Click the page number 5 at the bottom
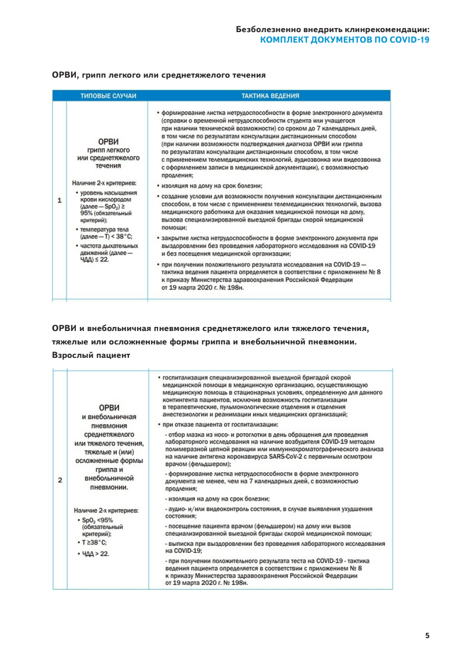(x=428, y=635)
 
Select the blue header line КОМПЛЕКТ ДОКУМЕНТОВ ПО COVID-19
(x=344, y=40)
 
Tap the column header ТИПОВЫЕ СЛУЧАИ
(x=108, y=96)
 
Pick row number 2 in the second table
(x=59, y=480)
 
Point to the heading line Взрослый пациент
(x=90, y=354)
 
